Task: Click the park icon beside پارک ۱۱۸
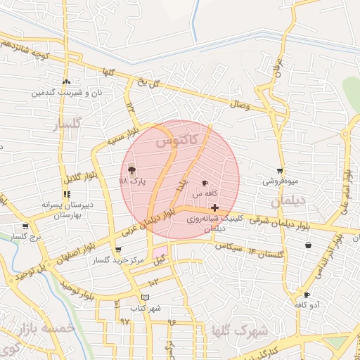point(131,169)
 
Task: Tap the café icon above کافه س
point(205,183)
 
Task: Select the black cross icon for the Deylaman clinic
point(214,207)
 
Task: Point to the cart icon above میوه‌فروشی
point(280,171)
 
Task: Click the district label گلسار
point(68,125)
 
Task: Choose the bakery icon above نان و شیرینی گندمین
point(66,82)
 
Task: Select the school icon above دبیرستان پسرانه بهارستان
point(66,194)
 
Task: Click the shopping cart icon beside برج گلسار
point(26,226)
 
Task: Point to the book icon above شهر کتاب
point(146,297)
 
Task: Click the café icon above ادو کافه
point(307,295)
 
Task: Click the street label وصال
point(240,105)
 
